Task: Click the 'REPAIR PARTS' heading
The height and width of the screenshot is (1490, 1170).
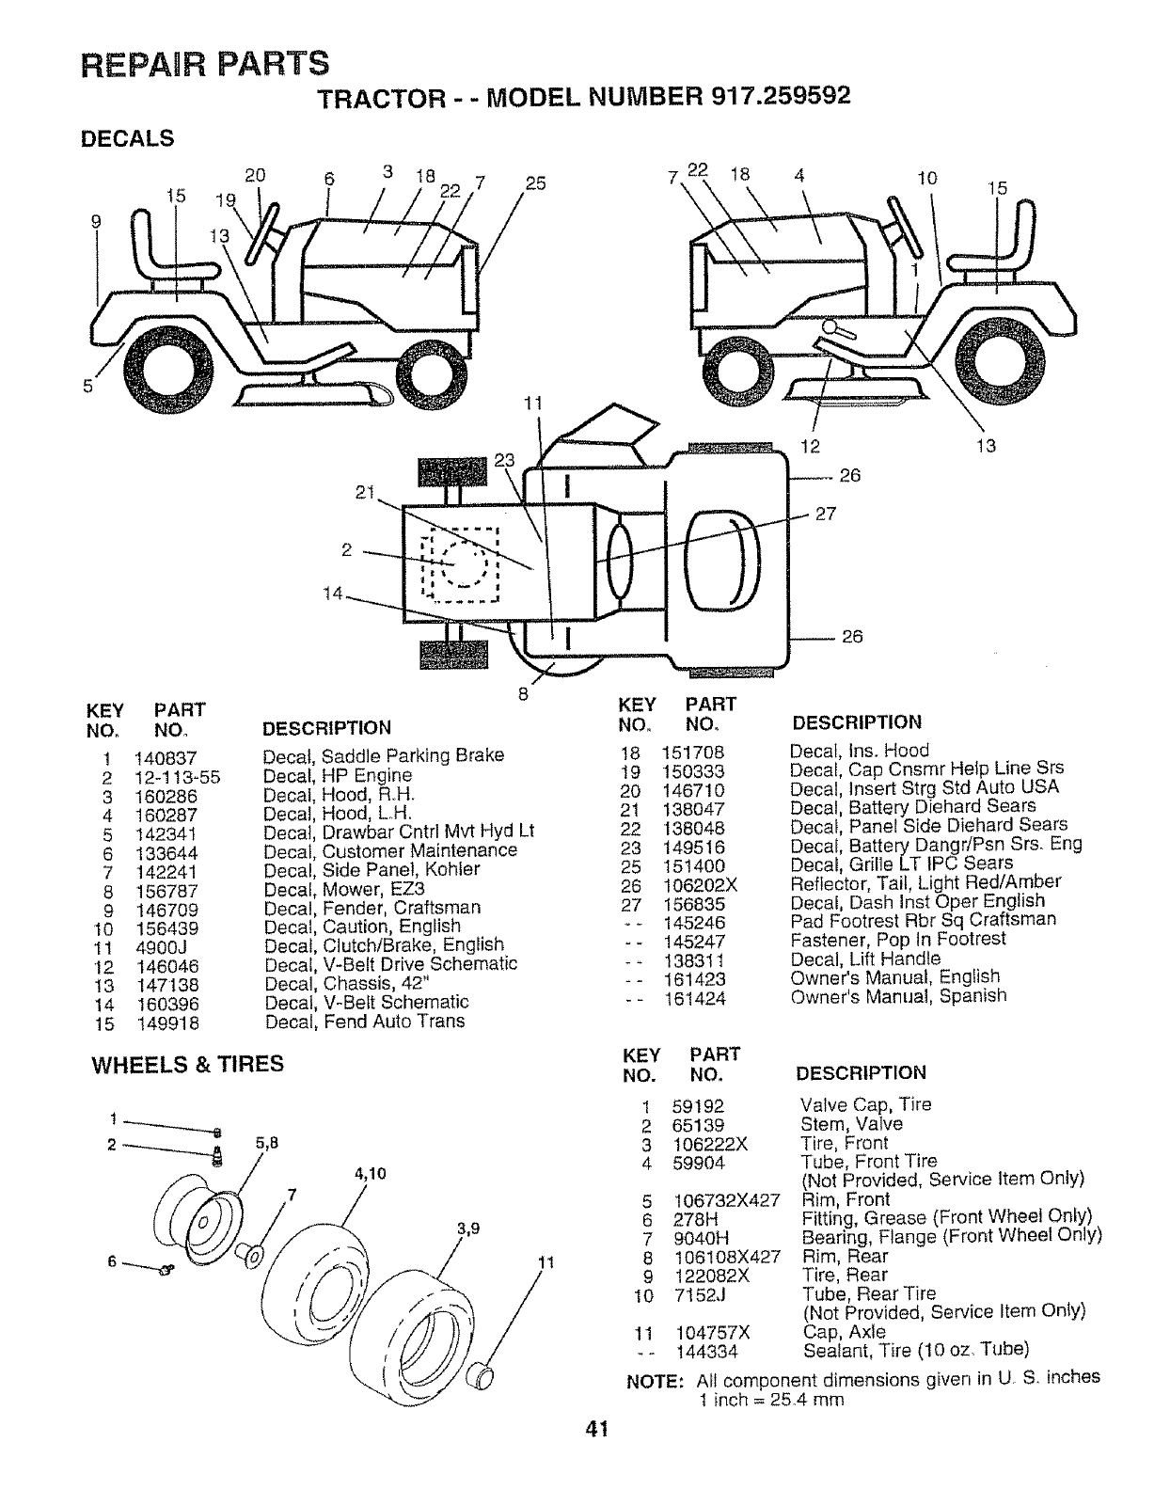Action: tap(205, 63)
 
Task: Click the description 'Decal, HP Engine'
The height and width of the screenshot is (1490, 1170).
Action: tap(338, 776)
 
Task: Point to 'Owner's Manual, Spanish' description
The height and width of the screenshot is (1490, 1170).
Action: tap(898, 995)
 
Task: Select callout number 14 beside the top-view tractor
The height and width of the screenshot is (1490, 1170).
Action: tap(332, 594)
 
